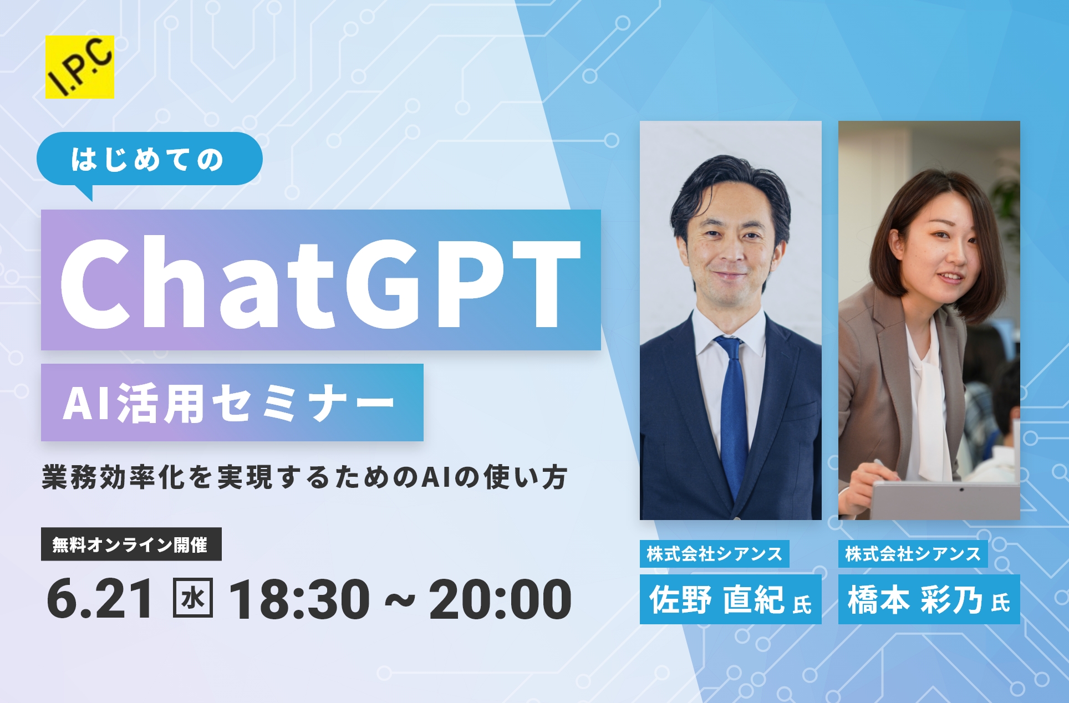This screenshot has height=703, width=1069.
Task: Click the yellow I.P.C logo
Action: point(80,67)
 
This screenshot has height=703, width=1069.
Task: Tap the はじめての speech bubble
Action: point(149,160)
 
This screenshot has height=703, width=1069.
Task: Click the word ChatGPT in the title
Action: point(320,282)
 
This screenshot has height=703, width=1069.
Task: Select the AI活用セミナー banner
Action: point(232,403)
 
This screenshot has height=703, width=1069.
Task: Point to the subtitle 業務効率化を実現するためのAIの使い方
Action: point(304,477)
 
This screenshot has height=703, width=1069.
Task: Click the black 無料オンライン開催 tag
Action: point(131,544)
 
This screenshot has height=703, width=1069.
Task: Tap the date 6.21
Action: point(100,599)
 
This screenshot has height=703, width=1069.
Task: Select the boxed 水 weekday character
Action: point(193,598)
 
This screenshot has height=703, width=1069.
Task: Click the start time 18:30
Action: point(299,599)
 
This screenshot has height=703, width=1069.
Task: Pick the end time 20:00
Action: point(500,599)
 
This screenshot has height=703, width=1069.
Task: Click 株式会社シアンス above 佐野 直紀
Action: point(715,554)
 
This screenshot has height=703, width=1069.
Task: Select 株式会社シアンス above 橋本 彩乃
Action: point(913,554)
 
